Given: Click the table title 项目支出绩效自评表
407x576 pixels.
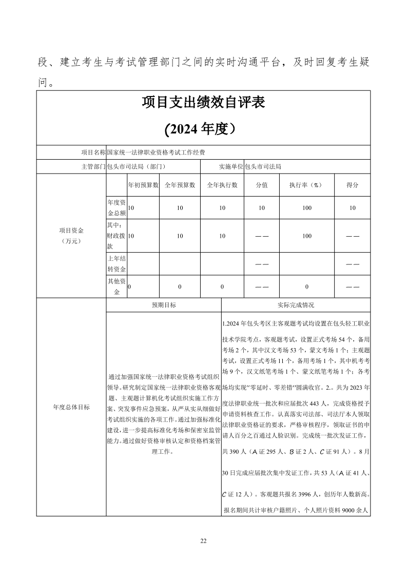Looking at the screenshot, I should pos(203,103).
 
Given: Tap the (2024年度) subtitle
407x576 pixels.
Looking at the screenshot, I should pos(203,129).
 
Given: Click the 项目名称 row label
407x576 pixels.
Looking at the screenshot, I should pos(93,152).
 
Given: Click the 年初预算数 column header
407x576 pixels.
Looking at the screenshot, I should pos(143,185).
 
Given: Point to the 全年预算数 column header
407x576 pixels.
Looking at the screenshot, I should pos(180,185).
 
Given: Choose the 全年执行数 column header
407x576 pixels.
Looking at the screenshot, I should pos(222,185).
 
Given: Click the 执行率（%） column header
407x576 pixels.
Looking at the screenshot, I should pos(307,185).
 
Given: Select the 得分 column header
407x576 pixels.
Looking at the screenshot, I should pos(352,185).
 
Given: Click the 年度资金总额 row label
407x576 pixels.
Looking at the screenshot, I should pos(117,208).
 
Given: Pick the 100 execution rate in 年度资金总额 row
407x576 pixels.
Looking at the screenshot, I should pos(307,208).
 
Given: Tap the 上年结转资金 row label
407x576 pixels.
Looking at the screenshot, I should pos(117,264).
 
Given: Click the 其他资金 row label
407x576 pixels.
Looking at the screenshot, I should pos(117,286).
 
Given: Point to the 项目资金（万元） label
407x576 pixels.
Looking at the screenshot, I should pos(71,235).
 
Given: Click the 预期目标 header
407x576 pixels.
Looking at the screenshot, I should pos(163,305).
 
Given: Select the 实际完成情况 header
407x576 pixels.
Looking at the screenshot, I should pos(296,305).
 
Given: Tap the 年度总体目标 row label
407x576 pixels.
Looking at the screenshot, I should pos(71,408).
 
